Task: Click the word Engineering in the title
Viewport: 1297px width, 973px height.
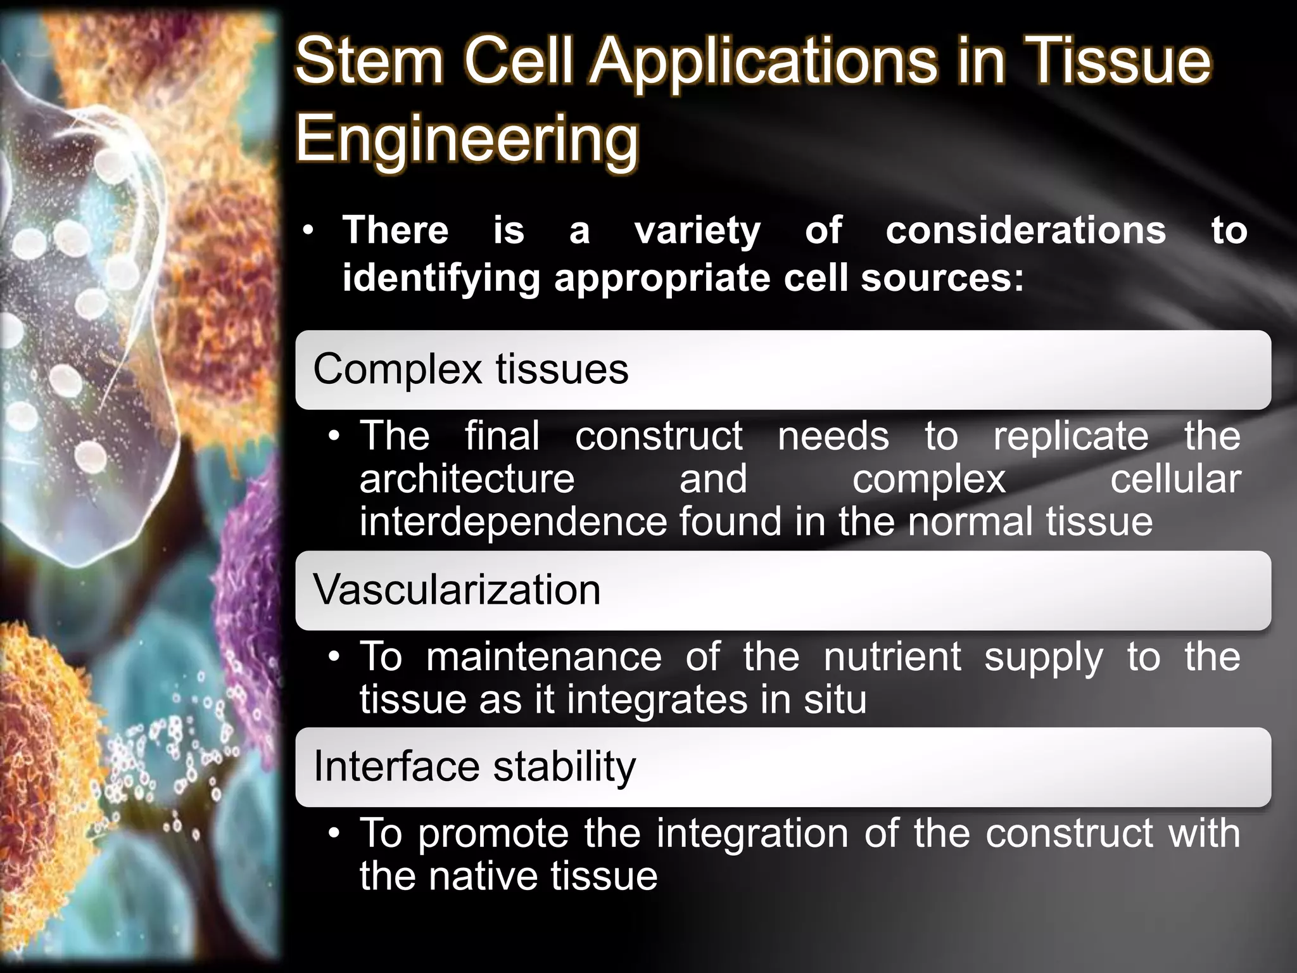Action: tap(467, 139)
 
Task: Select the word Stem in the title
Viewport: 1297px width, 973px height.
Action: tap(369, 61)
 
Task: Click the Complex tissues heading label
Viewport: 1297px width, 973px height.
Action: tap(471, 369)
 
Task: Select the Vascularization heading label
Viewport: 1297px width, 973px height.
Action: tap(457, 590)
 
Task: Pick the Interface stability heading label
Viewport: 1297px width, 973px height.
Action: tap(474, 766)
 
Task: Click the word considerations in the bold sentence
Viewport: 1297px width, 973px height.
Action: tap(1025, 230)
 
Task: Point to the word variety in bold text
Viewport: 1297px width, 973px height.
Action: tap(697, 231)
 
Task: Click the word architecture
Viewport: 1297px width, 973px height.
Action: tap(467, 479)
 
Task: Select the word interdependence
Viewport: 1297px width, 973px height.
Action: tap(513, 522)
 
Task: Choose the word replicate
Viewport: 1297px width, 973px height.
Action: tap(1070, 436)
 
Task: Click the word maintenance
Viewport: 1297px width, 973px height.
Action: tap(543, 657)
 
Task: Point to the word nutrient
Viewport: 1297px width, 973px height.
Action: tap(892, 657)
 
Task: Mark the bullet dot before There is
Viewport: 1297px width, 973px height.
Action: tap(308, 231)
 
